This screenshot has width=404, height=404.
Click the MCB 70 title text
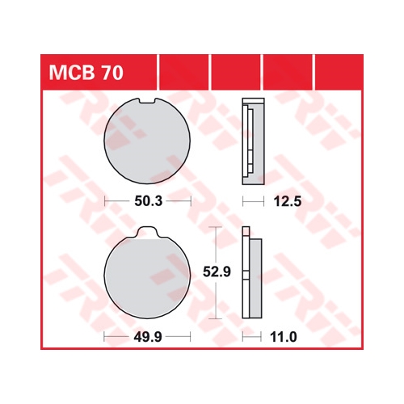tap(86, 73)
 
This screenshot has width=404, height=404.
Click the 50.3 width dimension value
tap(149, 201)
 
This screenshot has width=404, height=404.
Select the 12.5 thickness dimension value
tap(288, 201)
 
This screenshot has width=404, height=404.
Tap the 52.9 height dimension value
tap(217, 271)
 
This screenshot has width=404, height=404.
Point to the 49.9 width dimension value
tap(148, 337)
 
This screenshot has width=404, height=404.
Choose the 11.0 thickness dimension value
tap(284, 337)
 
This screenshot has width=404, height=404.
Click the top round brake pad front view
tap(147, 141)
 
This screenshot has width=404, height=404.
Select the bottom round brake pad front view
tap(147, 272)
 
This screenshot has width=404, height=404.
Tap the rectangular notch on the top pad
tap(147, 101)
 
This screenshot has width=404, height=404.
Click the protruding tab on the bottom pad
tap(147, 232)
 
